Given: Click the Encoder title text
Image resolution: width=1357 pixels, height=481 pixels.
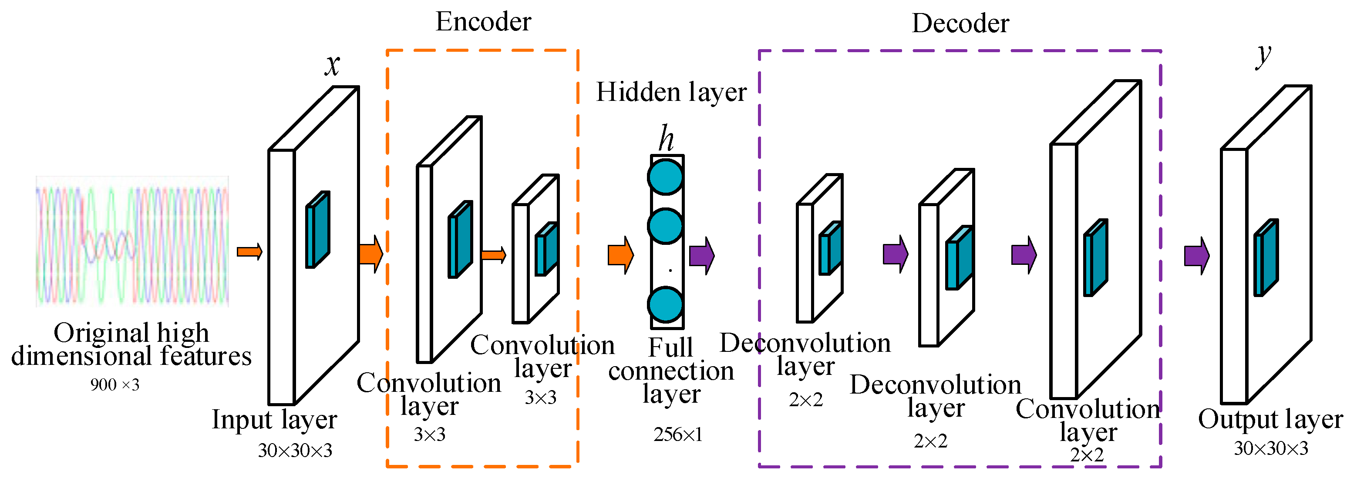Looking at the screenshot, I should pos(483,22).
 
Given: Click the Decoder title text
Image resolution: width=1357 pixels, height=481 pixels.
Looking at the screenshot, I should pos(960,23).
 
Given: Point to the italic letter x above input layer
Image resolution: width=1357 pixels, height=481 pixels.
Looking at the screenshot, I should pos(332,65).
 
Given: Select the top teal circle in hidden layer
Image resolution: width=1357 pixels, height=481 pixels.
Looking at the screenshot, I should pos(666,177).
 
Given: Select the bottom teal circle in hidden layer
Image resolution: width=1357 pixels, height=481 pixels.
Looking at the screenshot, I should pos(666,304).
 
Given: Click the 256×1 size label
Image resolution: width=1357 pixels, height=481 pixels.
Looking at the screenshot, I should pos(677,435).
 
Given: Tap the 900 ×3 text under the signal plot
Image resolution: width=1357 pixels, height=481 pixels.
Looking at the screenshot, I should pos(115,385).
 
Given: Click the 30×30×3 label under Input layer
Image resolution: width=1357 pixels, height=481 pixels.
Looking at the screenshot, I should pos(295,451).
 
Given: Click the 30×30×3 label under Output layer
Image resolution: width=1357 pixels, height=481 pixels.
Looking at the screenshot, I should pos(1271,448).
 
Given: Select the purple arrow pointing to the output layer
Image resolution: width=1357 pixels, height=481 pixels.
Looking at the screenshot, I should pos(1197,256).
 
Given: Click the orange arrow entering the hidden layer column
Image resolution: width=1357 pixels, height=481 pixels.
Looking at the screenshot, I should pos(620,255).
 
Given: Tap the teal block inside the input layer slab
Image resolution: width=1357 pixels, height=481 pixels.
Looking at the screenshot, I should pos(318,230).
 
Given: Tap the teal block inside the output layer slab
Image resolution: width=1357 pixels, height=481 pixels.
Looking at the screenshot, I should pos(1265,258).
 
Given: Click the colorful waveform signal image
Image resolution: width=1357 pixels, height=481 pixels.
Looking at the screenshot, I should pos(132,241).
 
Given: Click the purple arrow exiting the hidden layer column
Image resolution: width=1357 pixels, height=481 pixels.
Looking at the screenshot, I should pos(702,256).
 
